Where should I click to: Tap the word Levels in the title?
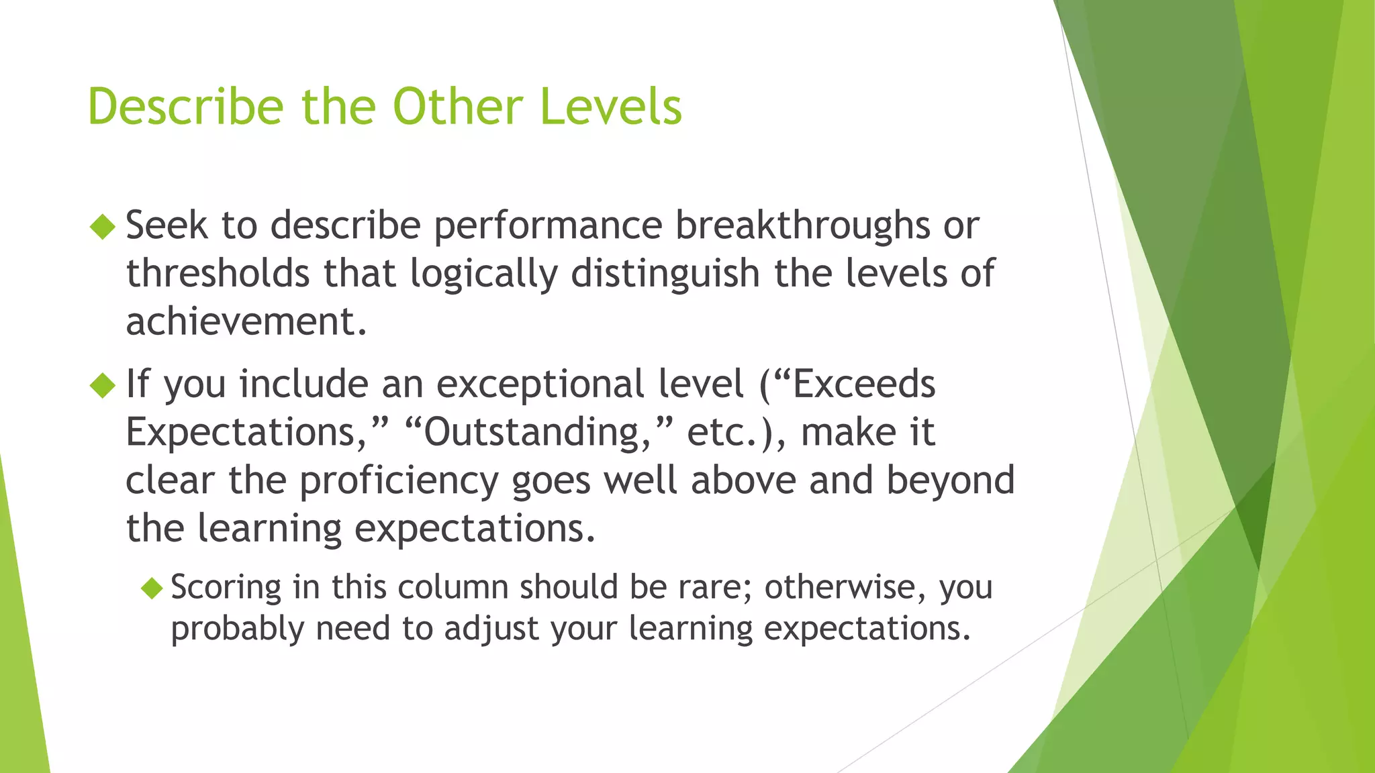611,107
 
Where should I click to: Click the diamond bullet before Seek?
103,226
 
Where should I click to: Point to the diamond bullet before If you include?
103,385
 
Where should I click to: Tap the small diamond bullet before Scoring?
152,588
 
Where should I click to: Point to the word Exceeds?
864,384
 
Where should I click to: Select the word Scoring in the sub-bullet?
226,588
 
